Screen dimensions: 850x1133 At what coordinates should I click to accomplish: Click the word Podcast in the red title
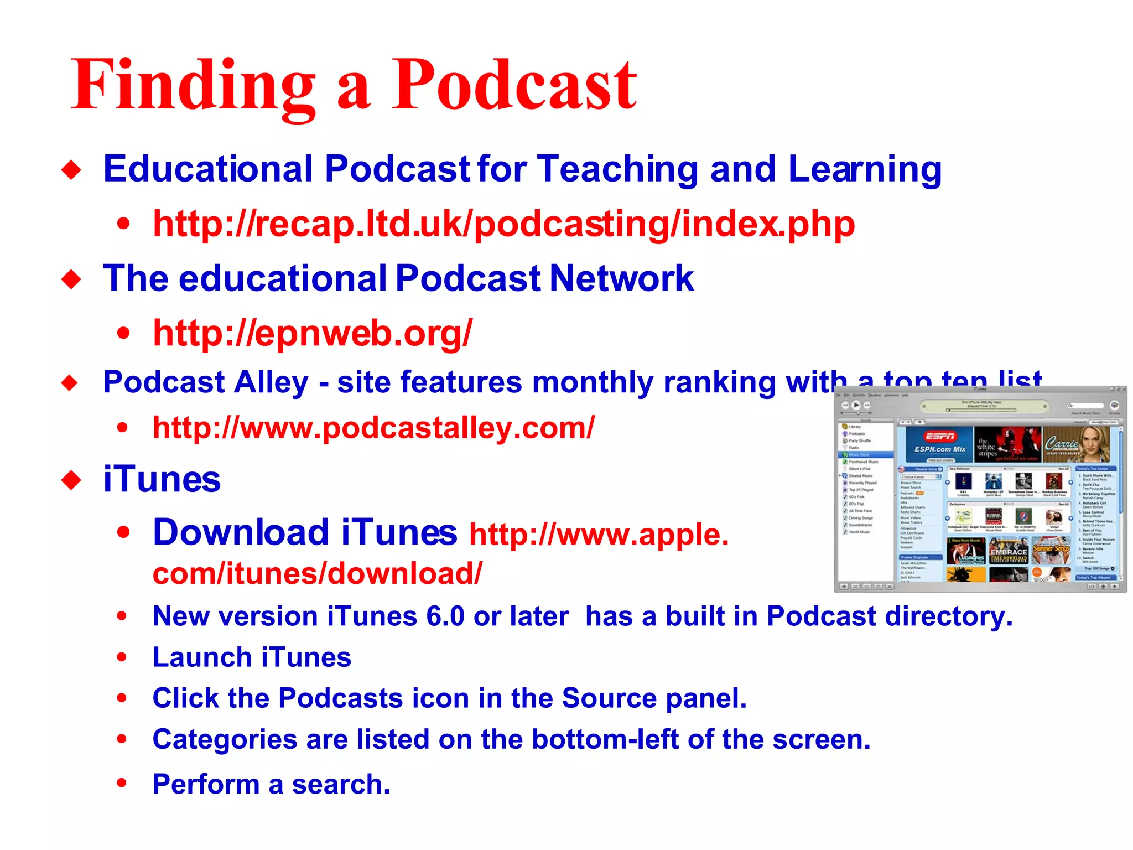[514, 86]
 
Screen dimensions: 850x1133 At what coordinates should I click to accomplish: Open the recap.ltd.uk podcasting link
[503, 224]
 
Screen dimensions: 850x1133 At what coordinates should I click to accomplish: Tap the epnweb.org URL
[313, 333]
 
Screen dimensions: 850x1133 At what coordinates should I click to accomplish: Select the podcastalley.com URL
[373, 428]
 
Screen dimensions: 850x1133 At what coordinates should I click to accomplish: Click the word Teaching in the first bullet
[617, 169]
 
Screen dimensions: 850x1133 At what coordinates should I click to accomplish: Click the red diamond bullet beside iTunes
[71, 480]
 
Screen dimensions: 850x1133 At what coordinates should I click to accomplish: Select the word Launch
[202, 657]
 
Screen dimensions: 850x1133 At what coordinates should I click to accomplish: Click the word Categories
[225, 739]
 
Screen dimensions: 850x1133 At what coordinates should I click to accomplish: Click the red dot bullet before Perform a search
[122, 783]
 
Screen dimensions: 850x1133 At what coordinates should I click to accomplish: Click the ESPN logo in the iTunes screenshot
[939, 437]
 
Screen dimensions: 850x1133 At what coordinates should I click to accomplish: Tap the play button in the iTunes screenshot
[856, 405]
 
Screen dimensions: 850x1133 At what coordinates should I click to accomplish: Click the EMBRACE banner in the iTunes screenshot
[1009, 552]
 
